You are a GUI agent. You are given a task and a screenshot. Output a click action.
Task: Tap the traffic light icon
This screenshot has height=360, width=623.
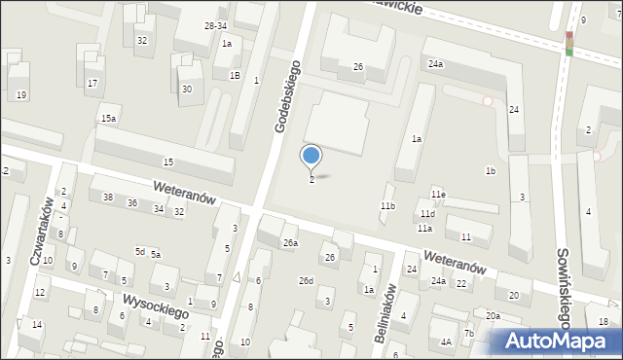tap(568, 44)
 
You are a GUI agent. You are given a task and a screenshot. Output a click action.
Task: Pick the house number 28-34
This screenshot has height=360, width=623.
tap(215, 25)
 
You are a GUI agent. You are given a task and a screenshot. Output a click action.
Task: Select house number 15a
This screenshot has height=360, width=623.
tap(108, 119)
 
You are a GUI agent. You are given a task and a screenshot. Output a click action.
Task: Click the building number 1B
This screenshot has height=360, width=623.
tap(235, 75)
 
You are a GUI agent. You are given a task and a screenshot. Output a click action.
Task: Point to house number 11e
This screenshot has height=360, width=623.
tap(438, 195)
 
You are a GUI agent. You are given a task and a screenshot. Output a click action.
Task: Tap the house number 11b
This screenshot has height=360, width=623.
tap(387, 206)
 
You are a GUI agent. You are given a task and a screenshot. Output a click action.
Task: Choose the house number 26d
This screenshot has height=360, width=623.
tap(306, 281)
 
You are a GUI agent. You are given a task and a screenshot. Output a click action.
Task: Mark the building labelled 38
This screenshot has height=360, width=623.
tap(107, 198)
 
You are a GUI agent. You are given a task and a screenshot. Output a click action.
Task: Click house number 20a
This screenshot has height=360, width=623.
tap(494, 315)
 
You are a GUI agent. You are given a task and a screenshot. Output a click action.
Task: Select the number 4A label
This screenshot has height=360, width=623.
tap(445, 342)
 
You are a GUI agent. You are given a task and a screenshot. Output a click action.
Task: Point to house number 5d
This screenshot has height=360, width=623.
tap(140, 252)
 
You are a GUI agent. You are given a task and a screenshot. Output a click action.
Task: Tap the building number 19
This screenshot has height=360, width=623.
tap(21, 94)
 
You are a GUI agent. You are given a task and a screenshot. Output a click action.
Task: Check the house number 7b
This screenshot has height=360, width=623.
tap(468, 334)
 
